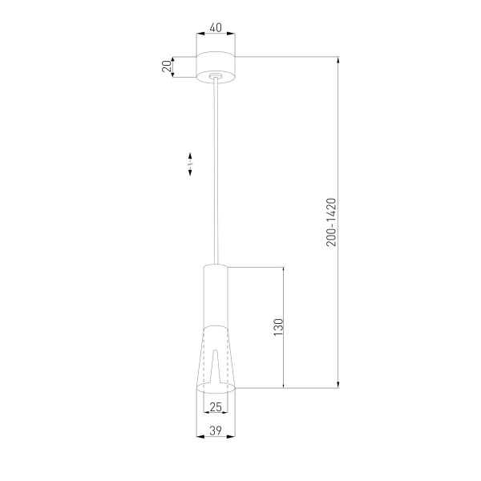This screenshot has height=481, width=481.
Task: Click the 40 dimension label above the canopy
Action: pos(216,26)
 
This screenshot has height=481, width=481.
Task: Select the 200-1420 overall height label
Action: pos(331,223)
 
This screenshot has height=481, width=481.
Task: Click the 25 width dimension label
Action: pos(216,406)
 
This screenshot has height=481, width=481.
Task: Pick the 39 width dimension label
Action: pos(216,430)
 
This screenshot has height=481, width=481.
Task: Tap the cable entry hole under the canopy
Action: pos(216,78)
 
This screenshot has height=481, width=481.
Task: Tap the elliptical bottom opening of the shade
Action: pos(216,389)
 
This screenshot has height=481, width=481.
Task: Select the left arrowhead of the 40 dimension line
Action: pos(200,34)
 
